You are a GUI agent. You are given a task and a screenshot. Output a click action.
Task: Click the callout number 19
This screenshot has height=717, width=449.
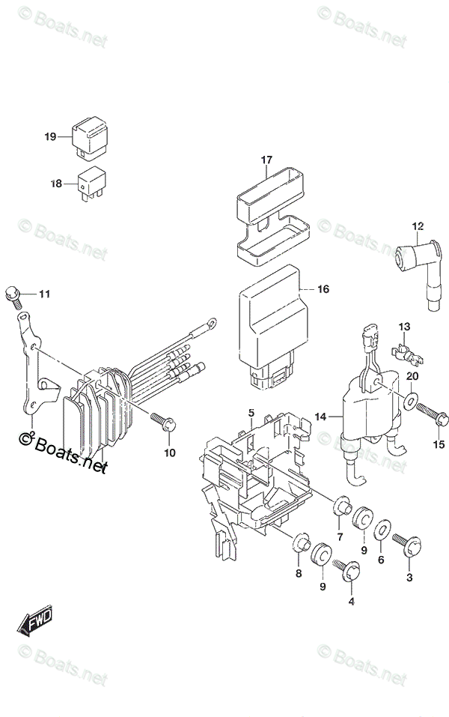[x=50, y=136]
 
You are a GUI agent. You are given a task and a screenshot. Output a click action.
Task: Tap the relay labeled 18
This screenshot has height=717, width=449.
[x=88, y=184]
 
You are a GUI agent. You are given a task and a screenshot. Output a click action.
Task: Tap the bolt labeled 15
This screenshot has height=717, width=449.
[x=430, y=410]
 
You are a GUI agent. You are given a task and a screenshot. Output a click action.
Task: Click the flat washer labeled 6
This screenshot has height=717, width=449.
[x=380, y=528]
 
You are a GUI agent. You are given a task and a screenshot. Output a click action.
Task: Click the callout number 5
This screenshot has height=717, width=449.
[x=251, y=413]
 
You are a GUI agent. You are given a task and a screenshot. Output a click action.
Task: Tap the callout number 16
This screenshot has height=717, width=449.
[x=323, y=288]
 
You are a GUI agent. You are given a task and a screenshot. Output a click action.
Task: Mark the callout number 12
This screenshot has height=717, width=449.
[x=418, y=226]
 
